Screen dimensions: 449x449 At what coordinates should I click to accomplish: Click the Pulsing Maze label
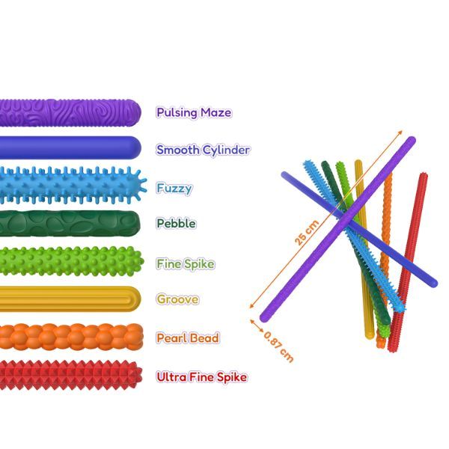click(x=194, y=113)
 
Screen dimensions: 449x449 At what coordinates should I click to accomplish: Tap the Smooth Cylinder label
click(x=203, y=150)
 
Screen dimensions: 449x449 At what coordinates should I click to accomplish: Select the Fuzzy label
click(x=174, y=187)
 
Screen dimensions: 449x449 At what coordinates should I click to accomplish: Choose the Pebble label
click(x=177, y=223)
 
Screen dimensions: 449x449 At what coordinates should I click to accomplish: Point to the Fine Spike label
click(x=186, y=263)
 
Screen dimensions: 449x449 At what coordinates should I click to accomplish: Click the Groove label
click(x=177, y=299)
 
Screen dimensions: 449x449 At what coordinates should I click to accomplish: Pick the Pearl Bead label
click(x=188, y=337)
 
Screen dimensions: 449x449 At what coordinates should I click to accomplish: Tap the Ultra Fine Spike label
click(x=201, y=376)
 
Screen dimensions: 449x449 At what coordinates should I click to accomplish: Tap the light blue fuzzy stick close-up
click(x=71, y=185)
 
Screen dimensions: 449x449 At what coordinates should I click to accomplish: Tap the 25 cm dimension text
click(x=307, y=231)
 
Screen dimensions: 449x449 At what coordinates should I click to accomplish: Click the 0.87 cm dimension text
click(x=279, y=346)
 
